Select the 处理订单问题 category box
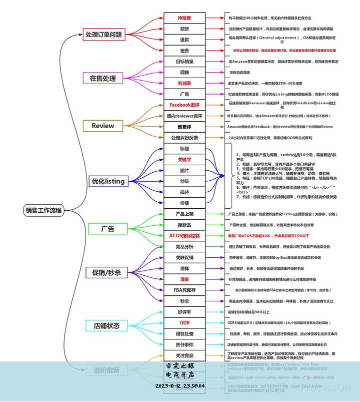click(103, 35)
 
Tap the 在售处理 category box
click(103, 78)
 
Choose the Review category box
click(103, 126)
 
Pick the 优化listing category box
click(107, 181)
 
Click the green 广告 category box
click(107, 229)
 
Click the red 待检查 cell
click(184, 18)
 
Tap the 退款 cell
click(184, 40)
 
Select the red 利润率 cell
click(184, 83)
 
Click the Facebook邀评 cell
click(184, 105)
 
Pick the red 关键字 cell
click(184, 160)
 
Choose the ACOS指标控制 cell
click(184, 236)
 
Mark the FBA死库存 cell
click(184, 290)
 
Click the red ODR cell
click(184, 323)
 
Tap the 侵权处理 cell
click(184, 334)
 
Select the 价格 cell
click(184, 203)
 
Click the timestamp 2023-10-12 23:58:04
click(180, 386)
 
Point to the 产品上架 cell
click(184, 214)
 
